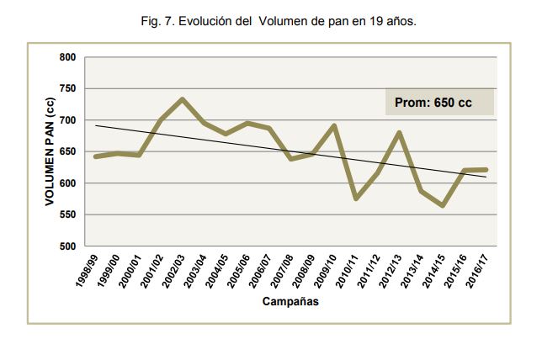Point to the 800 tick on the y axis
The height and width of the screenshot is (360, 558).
point(67,57)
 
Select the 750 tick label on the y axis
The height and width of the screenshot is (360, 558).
point(67,88)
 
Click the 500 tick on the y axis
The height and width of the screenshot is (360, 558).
point(67,246)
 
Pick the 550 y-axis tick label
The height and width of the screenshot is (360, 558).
point(67,214)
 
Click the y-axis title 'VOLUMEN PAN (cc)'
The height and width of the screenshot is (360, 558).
point(50,151)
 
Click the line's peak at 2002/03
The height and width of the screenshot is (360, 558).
point(183,99)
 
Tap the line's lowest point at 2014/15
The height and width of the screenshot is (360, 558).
point(443,205)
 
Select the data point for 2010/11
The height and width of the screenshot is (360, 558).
point(356,199)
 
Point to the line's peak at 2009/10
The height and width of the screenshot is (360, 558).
point(335,126)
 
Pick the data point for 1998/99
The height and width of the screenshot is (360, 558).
point(96,156)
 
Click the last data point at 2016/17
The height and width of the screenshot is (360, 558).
point(486,170)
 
